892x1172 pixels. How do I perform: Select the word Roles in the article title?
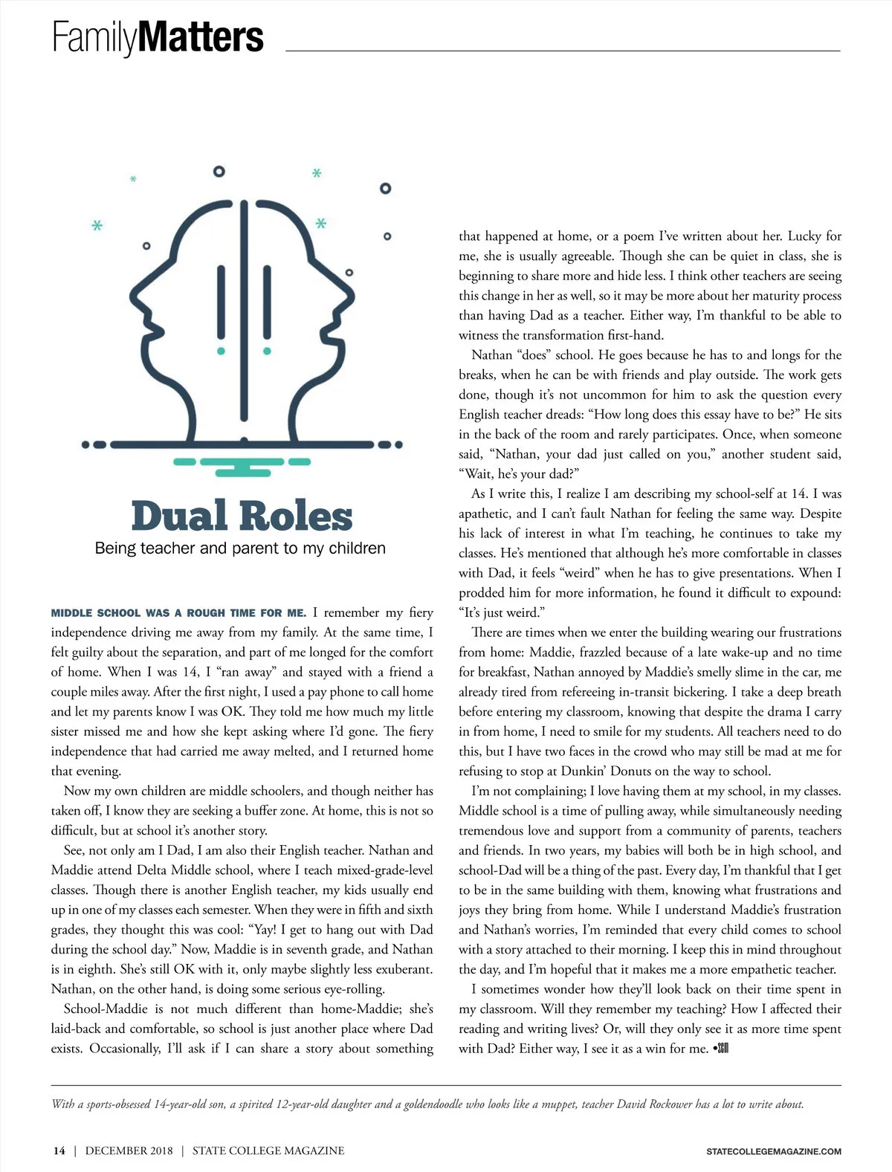pos(296,516)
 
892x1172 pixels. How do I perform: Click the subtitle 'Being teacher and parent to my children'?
pos(240,548)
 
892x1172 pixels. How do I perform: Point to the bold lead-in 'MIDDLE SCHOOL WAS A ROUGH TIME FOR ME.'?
pos(178,613)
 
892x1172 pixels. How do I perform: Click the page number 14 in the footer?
pos(59,1150)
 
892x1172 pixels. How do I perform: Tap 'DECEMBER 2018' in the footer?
pos(129,1150)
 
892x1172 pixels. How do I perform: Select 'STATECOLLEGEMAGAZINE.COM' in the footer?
pos(773,1151)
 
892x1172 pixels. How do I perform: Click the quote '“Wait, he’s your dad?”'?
pos(518,473)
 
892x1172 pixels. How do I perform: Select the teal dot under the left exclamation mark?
pos(221,351)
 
